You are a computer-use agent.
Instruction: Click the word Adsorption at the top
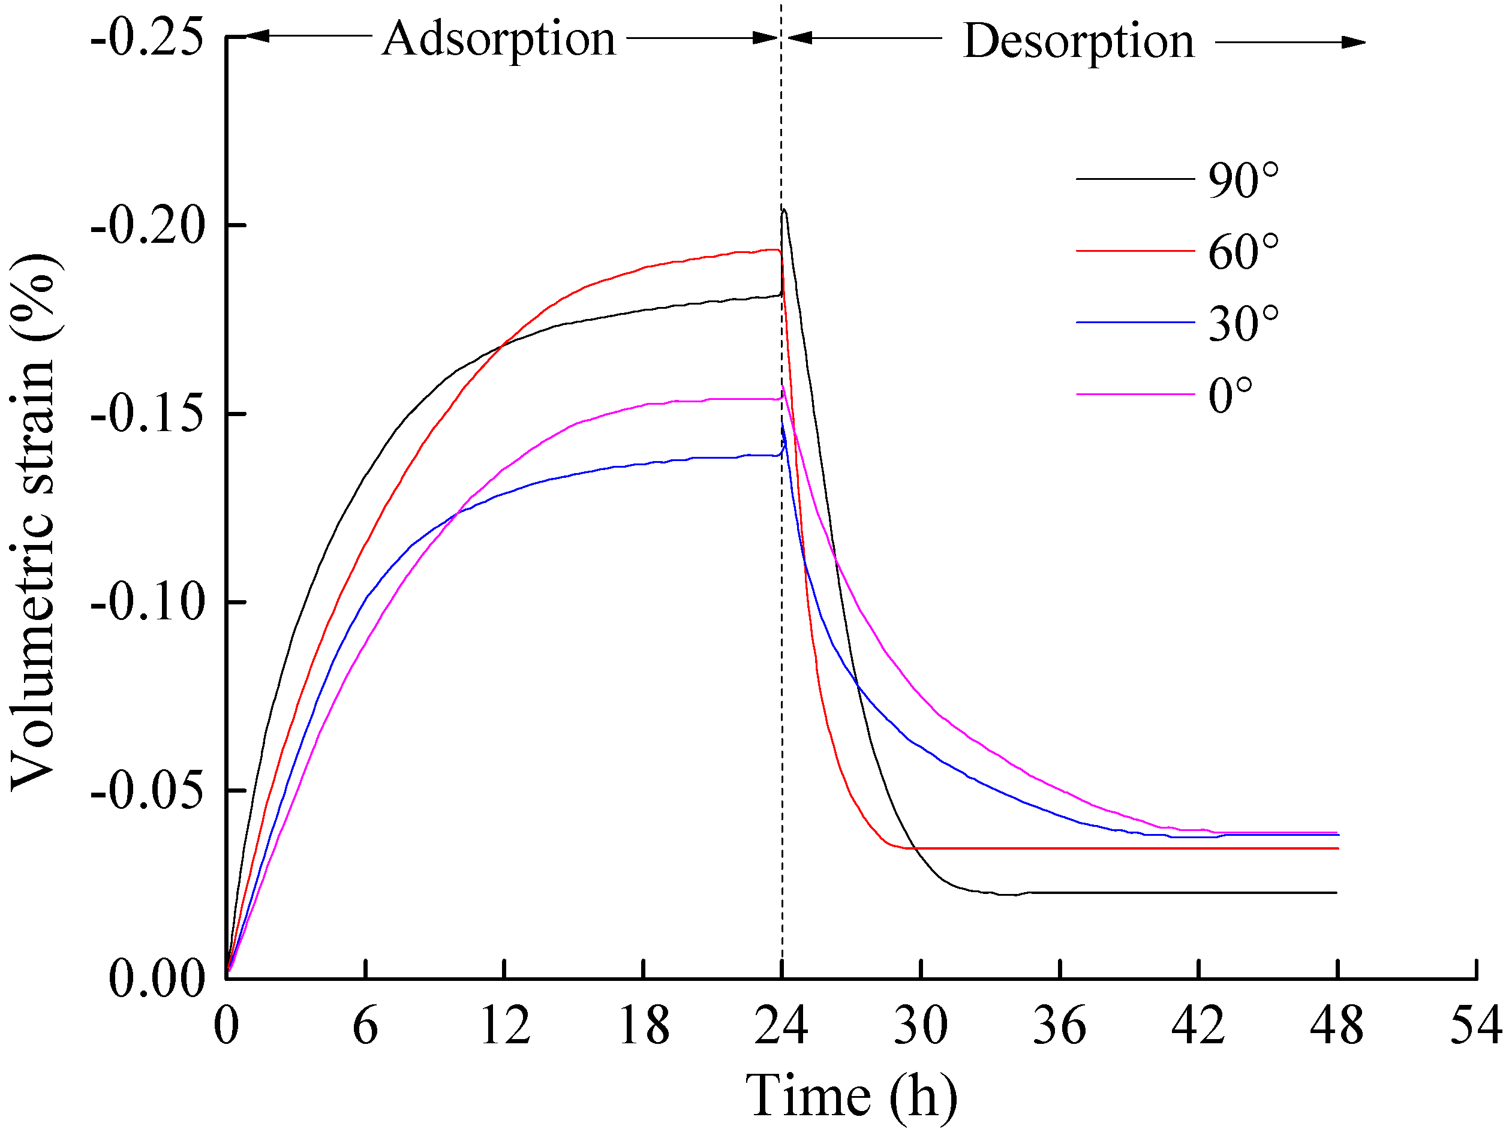click(498, 40)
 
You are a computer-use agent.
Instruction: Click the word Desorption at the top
click(1078, 43)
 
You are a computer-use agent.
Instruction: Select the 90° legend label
click(1243, 180)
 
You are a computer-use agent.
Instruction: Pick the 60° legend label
click(1243, 252)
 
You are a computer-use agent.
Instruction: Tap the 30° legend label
click(1243, 324)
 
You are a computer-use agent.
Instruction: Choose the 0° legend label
click(1230, 396)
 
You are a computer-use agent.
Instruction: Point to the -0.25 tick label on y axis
click(148, 38)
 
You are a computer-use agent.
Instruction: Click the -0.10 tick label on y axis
click(148, 603)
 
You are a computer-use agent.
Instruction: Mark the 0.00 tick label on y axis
click(157, 979)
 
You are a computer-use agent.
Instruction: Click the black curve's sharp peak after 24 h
click(784, 210)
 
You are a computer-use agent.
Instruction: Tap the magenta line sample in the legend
click(1135, 394)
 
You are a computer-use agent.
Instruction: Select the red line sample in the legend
click(1135, 251)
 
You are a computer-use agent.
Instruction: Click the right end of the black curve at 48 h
click(1336, 893)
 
